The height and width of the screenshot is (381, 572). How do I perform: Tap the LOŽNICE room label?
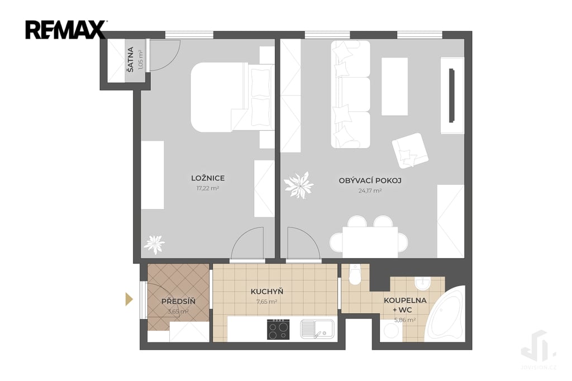pyautogui.click(x=208, y=178)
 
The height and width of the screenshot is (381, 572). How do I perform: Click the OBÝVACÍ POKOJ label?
pyautogui.click(x=370, y=180)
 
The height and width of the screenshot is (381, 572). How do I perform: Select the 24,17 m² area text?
pyautogui.click(x=370, y=190)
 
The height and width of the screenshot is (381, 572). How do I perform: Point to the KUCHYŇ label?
pyautogui.click(x=266, y=292)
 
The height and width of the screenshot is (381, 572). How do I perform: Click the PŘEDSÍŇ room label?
pyautogui.click(x=178, y=302)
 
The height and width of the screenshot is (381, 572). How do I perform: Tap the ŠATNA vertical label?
pyautogui.click(x=130, y=59)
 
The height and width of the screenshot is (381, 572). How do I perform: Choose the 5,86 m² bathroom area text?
pyautogui.click(x=405, y=320)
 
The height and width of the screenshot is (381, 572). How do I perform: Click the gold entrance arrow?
pyautogui.click(x=129, y=299)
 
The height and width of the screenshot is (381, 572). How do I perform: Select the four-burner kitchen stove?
pyautogui.click(x=278, y=330)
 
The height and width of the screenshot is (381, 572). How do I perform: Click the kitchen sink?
pyautogui.click(x=317, y=329)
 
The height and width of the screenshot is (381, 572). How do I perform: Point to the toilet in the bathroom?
pyautogui.click(x=354, y=274)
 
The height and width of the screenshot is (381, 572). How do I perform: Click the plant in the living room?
pyautogui.click(x=299, y=185)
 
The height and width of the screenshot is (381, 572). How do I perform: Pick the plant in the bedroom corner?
pyautogui.click(x=154, y=244)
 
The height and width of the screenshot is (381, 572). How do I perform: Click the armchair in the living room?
pyautogui.click(x=410, y=150)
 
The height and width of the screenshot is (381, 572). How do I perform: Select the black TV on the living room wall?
pyautogui.click(x=451, y=95)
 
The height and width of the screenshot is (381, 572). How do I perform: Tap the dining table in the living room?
pyautogui.click(x=370, y=242)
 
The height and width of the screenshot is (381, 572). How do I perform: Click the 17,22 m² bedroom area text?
pyautogui.click(x=208, y=188)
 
